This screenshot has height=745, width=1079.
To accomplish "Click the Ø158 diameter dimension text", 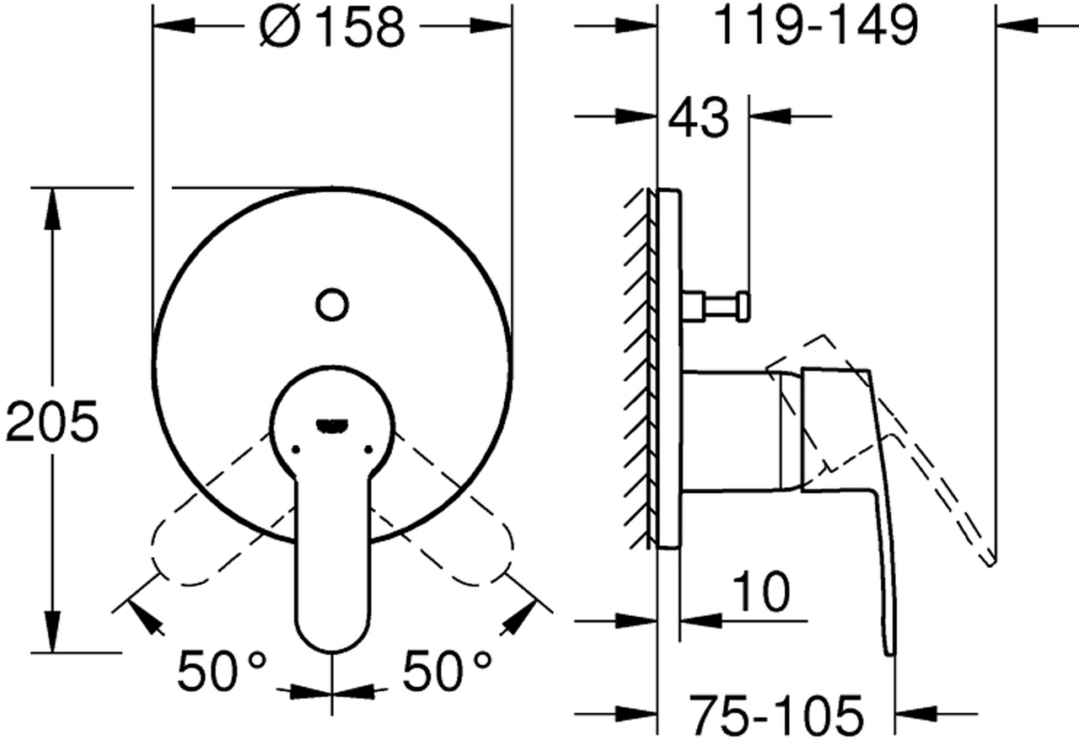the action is point(332,28).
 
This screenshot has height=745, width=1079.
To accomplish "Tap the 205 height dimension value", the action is point(52,421).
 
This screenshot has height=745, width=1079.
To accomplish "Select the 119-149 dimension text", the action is point(817,25).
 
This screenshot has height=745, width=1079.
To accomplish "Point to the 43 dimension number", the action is point(699,118).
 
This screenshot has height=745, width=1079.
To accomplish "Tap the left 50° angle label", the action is point(222,670).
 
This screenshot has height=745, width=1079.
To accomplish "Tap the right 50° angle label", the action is point(447,670).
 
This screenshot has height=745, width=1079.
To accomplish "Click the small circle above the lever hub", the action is point(332,304).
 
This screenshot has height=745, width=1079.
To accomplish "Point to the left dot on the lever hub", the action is point(296,450).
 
